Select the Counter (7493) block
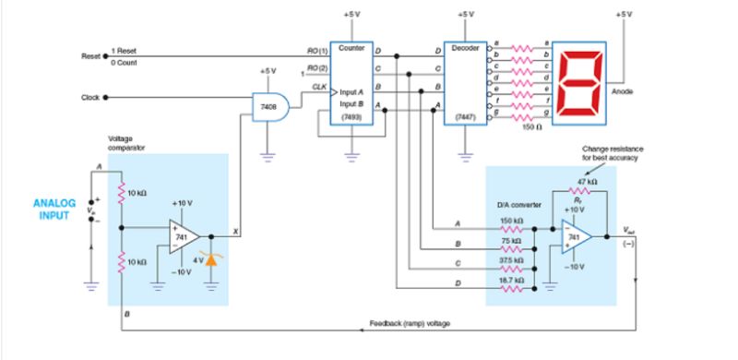pyautogui.click(x=351, y=84)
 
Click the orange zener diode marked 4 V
pyautogui.click(x=212, y=261)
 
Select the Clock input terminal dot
pyautogui.click(x=105, y=97)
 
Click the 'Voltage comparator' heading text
pyautogui.click(x=125, y=143)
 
